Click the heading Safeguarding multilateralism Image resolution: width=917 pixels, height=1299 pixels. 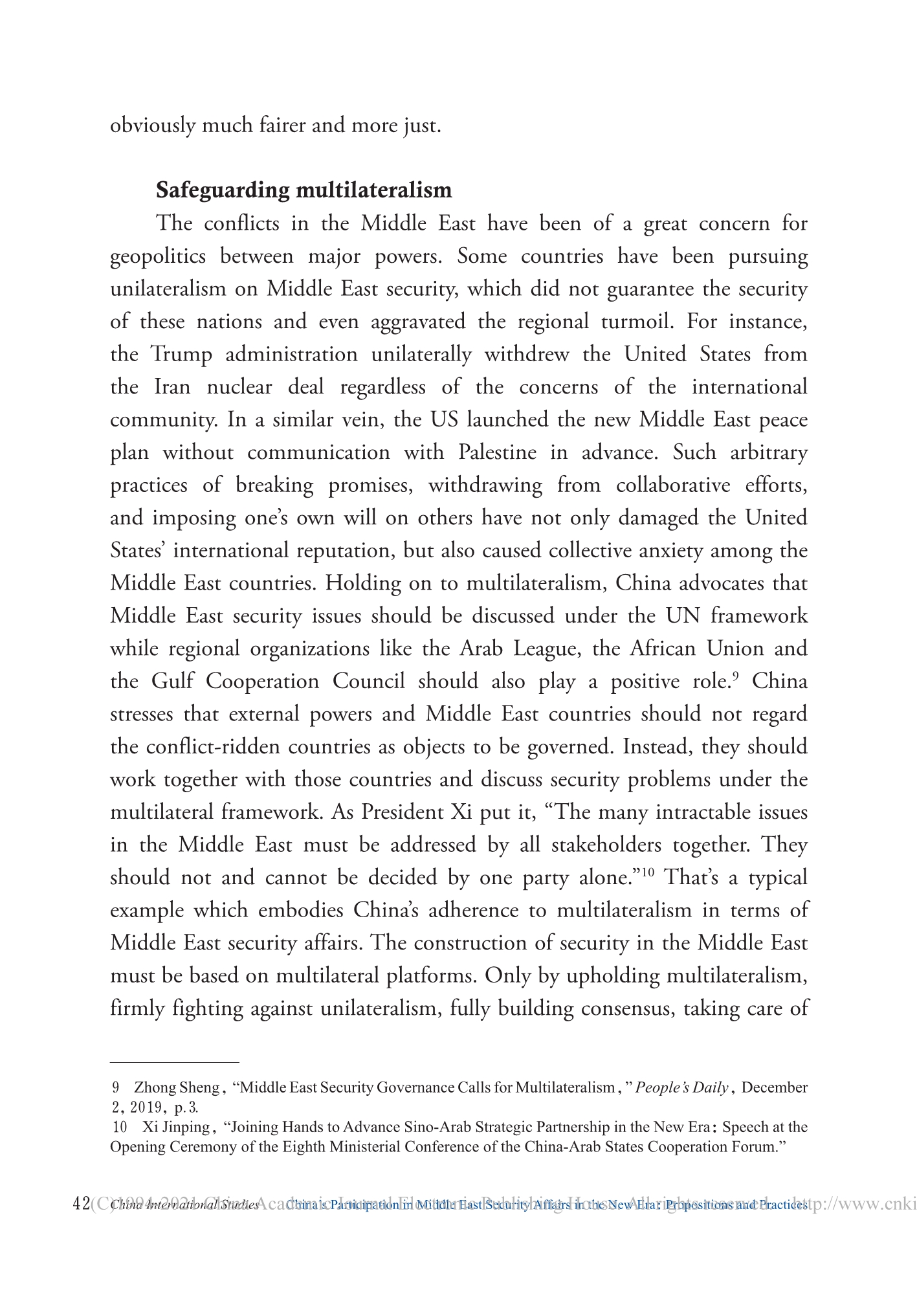pyautogui.click(x=304, y=190)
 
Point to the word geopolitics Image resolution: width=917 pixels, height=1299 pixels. pyautogui.click(x=158, y=257)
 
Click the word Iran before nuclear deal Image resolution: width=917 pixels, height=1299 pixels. pyautogui.click(x=172, y=387)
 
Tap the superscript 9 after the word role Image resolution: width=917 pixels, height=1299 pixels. pyautogui.click(x=736, y=676)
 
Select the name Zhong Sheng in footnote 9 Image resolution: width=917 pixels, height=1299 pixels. pyautogui.click(x=177, y=1087)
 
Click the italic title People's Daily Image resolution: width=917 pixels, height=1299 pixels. pyautogui.click(x=681, y=1087)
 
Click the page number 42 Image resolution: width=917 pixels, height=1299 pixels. pyautogui.click(x=82, y=1204)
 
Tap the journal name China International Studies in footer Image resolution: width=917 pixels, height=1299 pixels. pyautogui.click(x=185, y=1205)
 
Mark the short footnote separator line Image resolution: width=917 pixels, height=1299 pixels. pyautogui.click(x=175, y=1062)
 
